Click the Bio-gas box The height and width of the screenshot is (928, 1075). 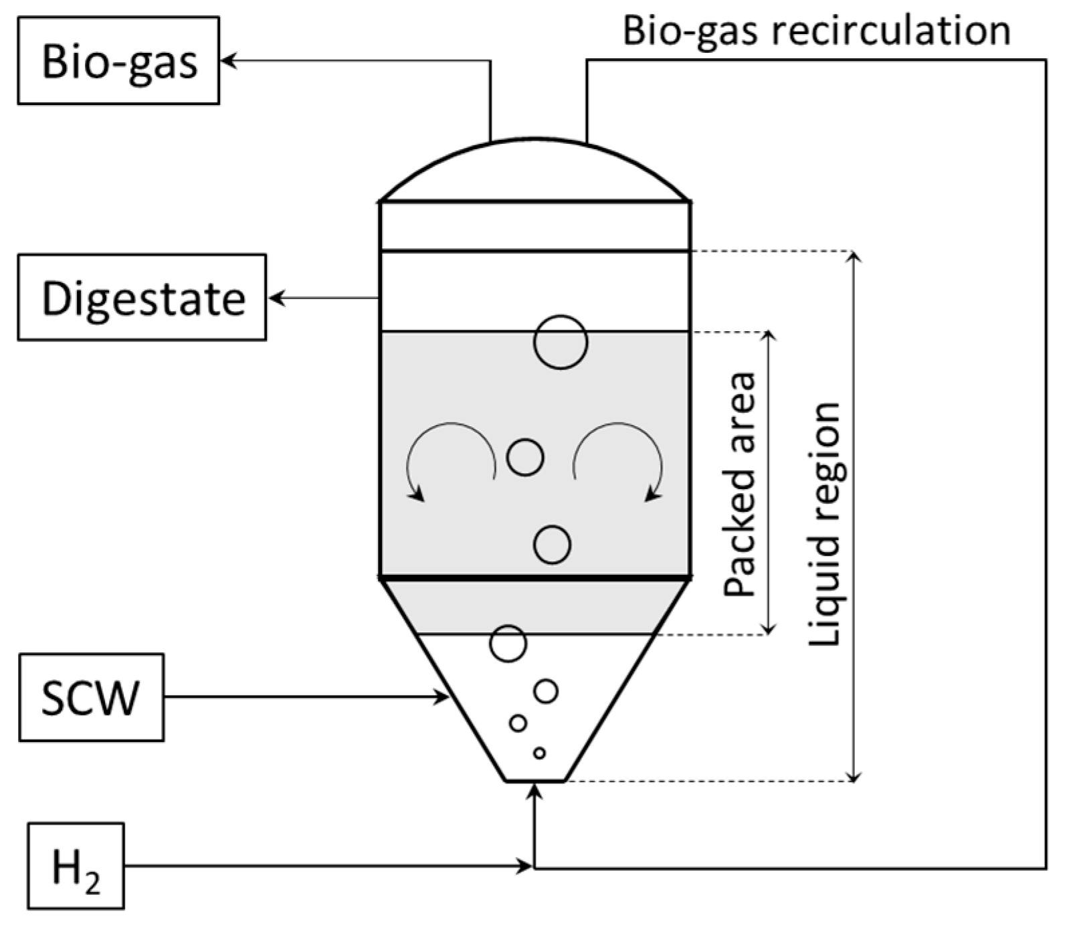coord(118,61)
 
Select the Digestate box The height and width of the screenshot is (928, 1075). coord(142,297)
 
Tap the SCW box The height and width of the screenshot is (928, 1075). coord(91,697)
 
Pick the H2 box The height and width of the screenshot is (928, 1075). coord(76,866)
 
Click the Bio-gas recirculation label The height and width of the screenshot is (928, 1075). coord(816,31)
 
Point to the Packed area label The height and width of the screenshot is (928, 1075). coord(740,485)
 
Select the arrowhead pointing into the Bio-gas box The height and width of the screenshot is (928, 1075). coord(227,61)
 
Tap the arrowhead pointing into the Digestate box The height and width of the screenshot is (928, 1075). coord(275,298)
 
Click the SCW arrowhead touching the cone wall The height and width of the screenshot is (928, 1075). coord(442,697)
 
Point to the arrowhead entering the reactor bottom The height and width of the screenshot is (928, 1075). coord(534,791)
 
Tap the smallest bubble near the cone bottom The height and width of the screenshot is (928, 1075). coord(539,753)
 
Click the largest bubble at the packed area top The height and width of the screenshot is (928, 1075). coord(561,342)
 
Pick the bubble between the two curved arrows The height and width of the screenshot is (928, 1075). coord(525,457)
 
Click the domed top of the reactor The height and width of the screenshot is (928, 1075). coord(535,167)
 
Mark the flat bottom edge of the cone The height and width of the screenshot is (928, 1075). coord(534,780)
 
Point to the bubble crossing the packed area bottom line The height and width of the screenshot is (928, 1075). coord(508,643)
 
